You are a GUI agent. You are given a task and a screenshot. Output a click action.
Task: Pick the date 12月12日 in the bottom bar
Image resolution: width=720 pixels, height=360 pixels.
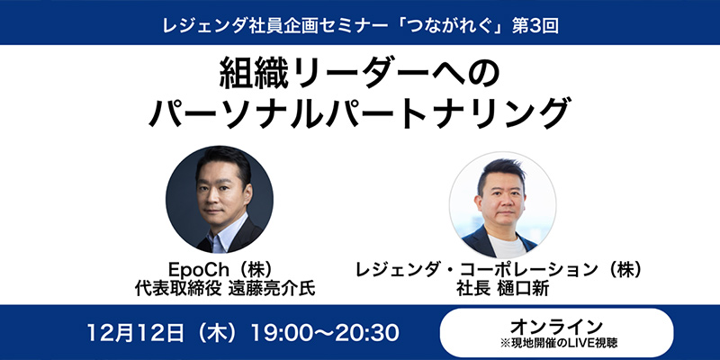coord(136,332)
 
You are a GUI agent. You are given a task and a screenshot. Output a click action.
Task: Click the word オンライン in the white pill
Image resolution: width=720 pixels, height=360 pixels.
coord(556,327)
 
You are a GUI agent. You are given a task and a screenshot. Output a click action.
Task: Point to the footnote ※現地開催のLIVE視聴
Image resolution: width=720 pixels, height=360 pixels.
coord(556,342)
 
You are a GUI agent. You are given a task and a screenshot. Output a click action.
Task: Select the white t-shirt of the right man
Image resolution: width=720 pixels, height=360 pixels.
coord(506,246)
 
